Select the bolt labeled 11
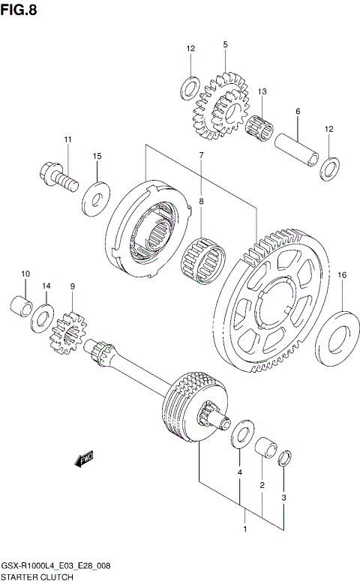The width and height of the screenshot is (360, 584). coord(59,178)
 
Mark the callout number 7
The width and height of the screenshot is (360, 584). coord(201,155)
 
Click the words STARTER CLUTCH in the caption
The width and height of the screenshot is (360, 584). coord(37,577)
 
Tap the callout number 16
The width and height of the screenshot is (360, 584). coord(341,276)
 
